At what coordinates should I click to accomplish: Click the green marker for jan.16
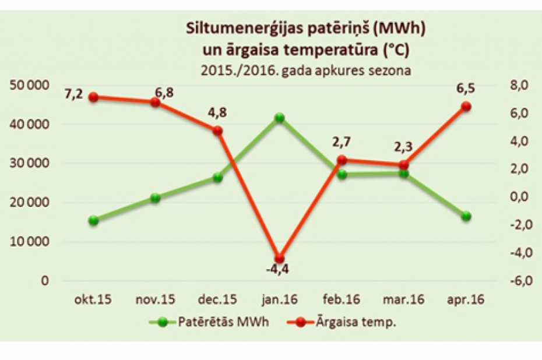pos(280,118)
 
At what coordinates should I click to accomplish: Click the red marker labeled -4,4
pos(280,258)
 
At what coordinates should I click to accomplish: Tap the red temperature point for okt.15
pos(93,97)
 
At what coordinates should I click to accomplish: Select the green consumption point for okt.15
pos(93,220)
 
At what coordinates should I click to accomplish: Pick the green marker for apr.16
pos(466,216)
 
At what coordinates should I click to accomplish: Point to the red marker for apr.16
pos(466,107)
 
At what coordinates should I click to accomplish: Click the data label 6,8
pos(164,93)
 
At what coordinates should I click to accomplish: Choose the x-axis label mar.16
pos(404,300)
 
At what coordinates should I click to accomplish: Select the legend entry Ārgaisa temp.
pos(356,322)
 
